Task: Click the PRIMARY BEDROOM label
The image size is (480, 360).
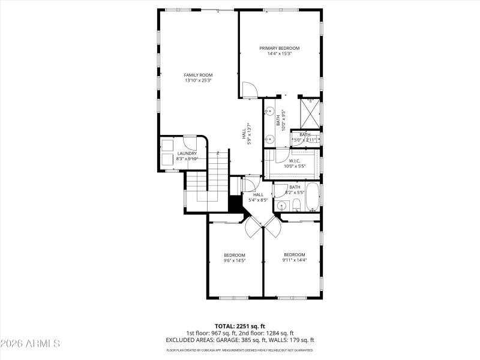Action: pos(279,48)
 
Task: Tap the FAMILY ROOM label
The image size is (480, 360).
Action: pos(198,75)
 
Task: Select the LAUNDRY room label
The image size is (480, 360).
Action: pos(187,153)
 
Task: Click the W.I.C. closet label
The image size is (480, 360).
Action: pos(295,160)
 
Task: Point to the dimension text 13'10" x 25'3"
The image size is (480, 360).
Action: pos(198,80)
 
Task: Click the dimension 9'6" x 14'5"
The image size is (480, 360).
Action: pos(235,260)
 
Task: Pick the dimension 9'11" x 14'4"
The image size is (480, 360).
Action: pos(295,260)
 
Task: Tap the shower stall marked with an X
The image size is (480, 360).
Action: pos(310,112)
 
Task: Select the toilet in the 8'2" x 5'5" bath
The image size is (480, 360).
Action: pos(296,206)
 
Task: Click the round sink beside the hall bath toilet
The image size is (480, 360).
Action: pos(281,206)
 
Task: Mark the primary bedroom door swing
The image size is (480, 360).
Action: pos(248,90)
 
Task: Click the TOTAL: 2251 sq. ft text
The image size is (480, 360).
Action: pos(240,326)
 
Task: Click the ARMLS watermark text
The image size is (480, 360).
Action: pos(30,344)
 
